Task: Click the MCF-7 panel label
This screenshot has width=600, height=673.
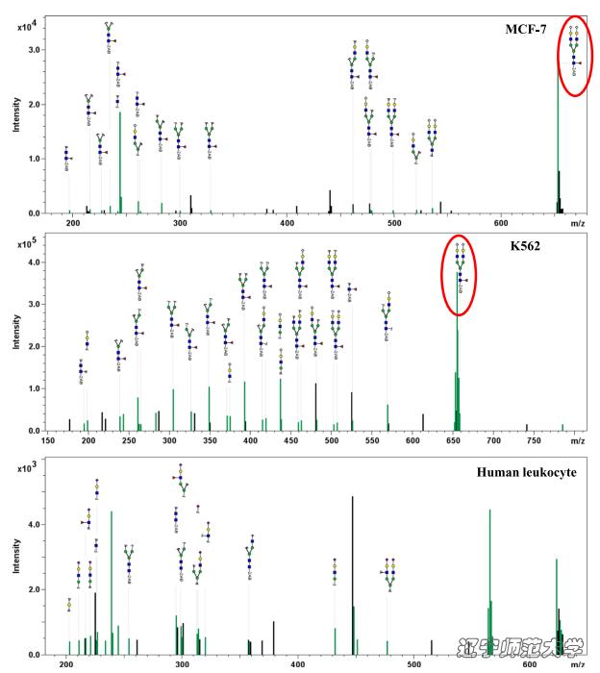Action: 525,29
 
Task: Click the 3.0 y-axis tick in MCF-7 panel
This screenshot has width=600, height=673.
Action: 35,49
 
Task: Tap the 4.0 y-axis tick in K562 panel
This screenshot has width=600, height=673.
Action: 35,262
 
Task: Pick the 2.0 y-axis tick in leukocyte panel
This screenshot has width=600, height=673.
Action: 35,589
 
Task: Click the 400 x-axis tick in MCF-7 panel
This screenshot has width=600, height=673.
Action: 287,224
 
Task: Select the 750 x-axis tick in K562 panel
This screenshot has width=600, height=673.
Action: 534,442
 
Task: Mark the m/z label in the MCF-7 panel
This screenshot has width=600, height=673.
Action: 576,224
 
